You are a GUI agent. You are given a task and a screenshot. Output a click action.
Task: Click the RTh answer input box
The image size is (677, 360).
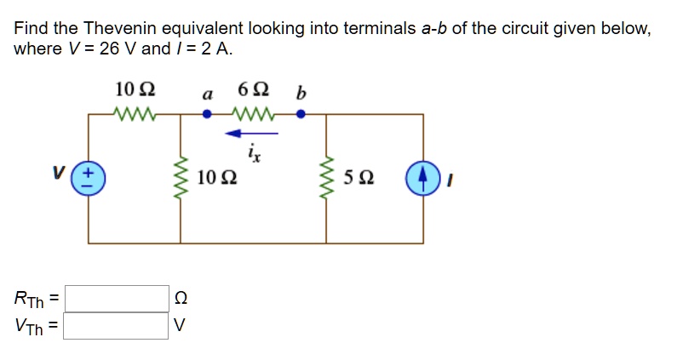point(117,298)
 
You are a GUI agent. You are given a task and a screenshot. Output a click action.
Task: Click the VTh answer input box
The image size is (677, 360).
point(117,325)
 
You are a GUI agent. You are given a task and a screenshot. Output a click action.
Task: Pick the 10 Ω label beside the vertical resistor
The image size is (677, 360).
point(216,179)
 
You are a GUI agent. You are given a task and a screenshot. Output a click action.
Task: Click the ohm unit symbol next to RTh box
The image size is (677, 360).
point(179,299)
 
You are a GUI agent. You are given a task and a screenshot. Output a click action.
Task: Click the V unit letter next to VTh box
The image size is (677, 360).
point(179,325)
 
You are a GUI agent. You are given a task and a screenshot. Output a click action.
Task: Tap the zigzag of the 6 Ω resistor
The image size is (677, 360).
point(254,113)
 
